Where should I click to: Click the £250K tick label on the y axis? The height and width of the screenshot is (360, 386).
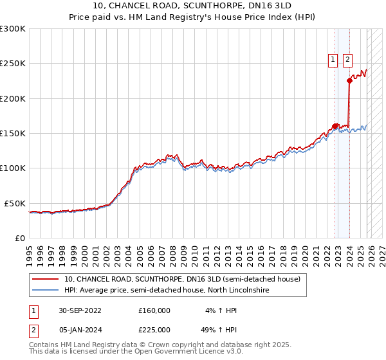(13, 64)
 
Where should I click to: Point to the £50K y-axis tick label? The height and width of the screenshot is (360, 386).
(15, 203)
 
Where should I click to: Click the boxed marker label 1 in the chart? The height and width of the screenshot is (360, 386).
(333, 60)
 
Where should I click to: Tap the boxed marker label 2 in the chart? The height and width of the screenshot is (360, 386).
(347, 60)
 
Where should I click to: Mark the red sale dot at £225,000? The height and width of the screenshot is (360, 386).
(349, 81)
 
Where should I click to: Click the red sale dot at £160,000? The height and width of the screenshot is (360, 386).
(335, 126)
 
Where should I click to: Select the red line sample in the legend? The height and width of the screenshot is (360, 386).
(45, 280)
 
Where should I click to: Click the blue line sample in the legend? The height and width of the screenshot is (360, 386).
(45, 291)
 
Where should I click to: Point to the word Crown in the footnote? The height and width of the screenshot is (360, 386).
(164, 345)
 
